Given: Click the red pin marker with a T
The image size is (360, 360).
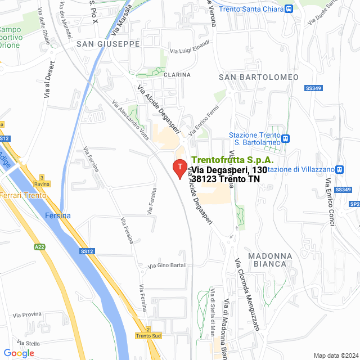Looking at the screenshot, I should click(179, 168).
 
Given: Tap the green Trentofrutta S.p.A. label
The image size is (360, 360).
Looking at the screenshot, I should click(233, 160).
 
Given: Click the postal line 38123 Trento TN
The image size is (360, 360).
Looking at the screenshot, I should click(226, 179).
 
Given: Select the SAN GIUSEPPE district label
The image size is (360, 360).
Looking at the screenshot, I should click(108, 44).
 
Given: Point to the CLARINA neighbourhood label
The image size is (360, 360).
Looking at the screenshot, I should click(177, 74).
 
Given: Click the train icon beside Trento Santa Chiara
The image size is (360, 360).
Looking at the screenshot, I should click(289, 9).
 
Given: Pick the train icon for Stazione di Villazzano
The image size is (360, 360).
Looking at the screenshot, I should click(339, 169).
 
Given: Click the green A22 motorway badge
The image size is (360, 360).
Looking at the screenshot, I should click(39, 246).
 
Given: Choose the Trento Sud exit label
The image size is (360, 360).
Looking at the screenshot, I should click(148, 336).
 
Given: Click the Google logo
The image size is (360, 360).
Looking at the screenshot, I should click(19, 353).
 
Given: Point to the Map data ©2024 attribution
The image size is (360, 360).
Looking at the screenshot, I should click(335, 355).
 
